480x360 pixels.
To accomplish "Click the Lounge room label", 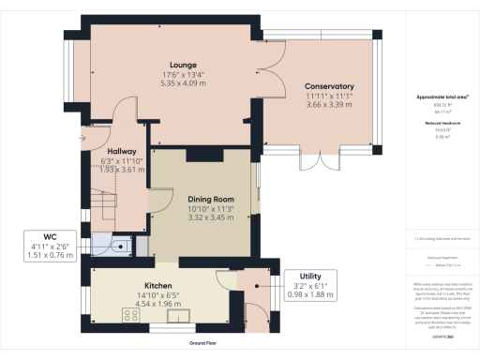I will click(x=172, y=65).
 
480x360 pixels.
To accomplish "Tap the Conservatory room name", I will click(x=329, y=85).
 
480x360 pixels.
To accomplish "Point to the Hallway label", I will click(x=122, y=151).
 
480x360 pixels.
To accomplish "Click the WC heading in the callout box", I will click(x=38, y=238).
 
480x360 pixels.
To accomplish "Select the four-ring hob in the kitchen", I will click(x=130, y=316).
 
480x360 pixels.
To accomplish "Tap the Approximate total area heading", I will click(x=442, y=97).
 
